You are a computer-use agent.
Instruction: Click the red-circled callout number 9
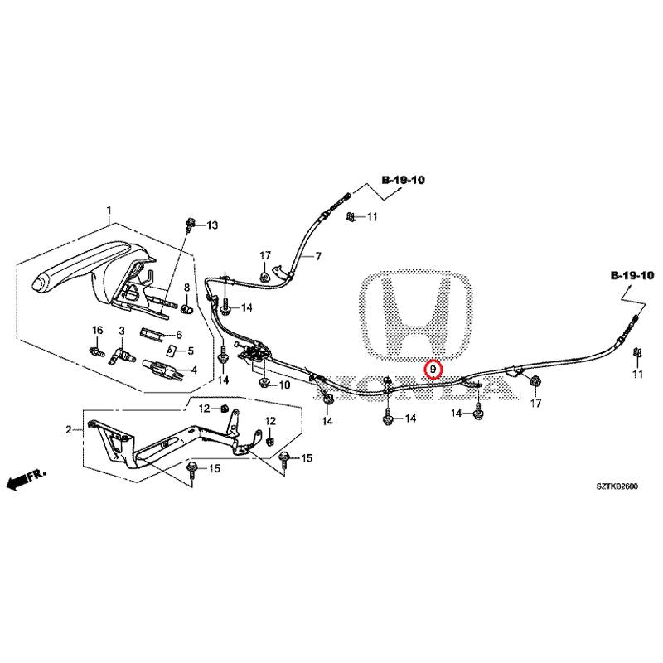pos(433,369)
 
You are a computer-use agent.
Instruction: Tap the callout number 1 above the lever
pos(109,211)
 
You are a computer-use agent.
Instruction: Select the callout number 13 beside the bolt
pos(212,225)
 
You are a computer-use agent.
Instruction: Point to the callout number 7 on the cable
pos(318,256)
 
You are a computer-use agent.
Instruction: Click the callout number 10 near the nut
pos(284,385)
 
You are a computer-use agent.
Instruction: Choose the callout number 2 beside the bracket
pos(69,430)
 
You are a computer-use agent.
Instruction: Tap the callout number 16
pos(98,330)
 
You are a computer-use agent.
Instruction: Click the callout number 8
pos(186,288)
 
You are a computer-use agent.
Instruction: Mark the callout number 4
pos(194,370)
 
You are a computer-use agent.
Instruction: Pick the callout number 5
pos(191,351)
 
